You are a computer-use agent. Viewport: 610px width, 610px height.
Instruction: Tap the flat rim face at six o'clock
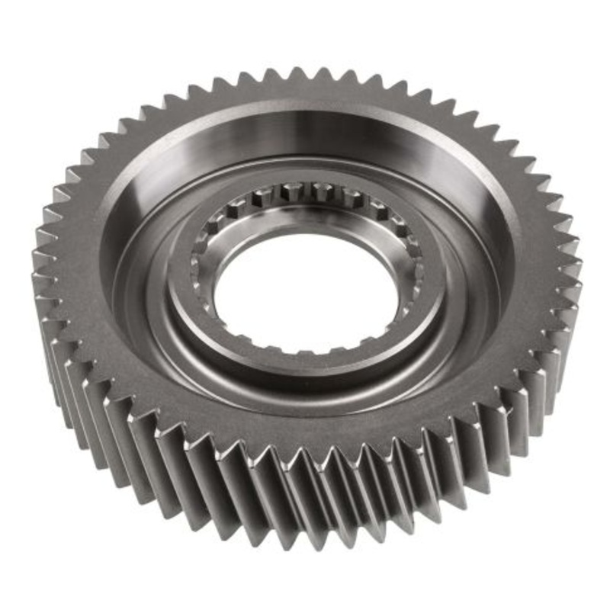click(305, 438)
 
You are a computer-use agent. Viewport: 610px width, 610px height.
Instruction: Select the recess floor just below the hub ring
click(305, 404)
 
